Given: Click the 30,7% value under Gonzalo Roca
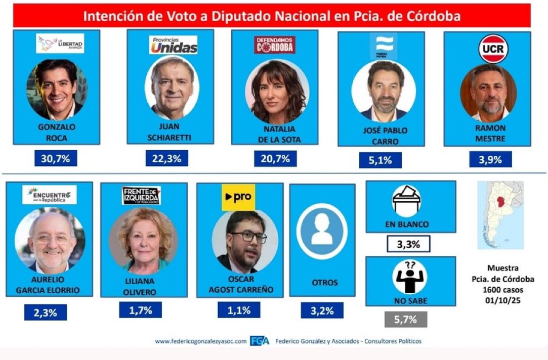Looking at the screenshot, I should tap(56, 159).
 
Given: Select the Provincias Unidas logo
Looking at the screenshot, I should tap(173, 46).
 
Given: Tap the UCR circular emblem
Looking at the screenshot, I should tap(493, 49).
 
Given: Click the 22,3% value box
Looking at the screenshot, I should tap(166, 158).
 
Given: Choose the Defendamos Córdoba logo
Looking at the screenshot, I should tap(274, 44).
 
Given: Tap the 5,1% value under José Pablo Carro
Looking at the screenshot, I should tap(381, 161).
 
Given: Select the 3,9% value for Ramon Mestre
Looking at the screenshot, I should tap(490, 159).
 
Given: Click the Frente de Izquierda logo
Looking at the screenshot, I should tap(141, 196).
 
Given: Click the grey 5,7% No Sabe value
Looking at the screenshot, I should tap(406, 319).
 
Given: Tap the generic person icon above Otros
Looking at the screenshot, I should tap(321, 231).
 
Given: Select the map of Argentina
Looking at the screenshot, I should tap(500, 215).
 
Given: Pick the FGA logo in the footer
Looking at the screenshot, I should tap(260, 341).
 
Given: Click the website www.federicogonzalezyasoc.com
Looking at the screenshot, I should tap(201, 341).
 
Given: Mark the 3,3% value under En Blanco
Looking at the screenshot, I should tap(408, 244).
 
